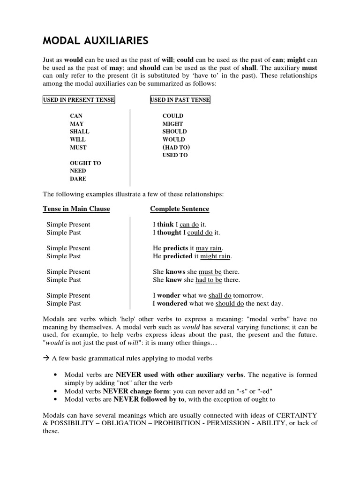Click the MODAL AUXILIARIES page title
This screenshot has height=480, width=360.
tap(96, 41)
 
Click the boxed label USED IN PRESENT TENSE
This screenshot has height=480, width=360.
tap(79, 100)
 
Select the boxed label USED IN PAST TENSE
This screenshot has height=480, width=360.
tap(180, 100)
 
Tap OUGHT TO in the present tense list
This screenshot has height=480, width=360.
tap(85, 163)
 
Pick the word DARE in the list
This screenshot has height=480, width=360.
tap(78, 179)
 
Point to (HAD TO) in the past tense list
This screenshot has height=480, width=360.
tap(176, 147)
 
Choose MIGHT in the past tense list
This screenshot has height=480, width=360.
tap(172, 124)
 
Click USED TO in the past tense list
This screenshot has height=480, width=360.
tap(175, 155)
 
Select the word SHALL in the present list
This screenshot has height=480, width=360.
tap(79, 132)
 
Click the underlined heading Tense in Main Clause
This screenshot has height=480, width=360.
tap(76, 209)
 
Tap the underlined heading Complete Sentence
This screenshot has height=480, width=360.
tap(180, 209)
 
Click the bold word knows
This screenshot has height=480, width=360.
tap(175, 272)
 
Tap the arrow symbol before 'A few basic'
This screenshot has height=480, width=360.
tap(46, 359)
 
